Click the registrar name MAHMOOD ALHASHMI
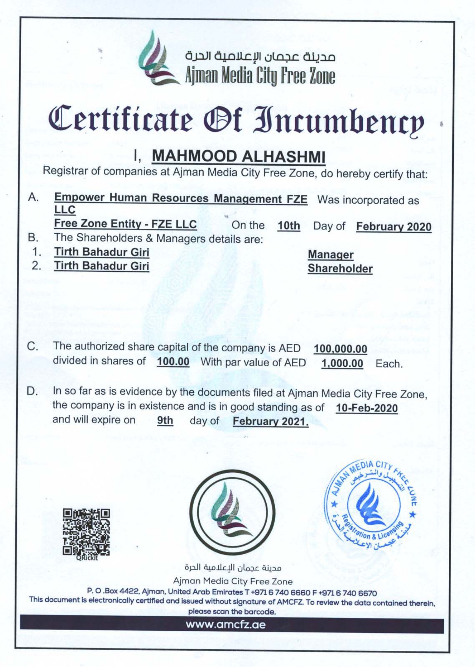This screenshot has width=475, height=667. [x=239, y=156]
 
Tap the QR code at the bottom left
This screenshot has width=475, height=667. [x=87, y=532]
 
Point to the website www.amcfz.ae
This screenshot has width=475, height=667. [x=226, y=624]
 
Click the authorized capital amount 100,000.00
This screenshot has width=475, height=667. [x=340, y=349]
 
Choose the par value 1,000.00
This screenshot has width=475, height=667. [x=342, y=363]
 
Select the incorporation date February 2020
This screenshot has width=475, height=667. [x=394, y=227]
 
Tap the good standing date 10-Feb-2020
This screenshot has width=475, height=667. [x=367, y=408]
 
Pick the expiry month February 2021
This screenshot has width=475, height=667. [x=271, y=422]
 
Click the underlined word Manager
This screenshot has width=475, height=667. [x=331, y=254]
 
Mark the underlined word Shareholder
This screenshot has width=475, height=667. [x=340, y=269]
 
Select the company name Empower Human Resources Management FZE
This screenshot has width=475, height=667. [x=181, y=198]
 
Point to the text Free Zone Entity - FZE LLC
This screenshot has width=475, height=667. [x=125, y=224]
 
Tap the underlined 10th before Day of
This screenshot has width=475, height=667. [x=289, y=226]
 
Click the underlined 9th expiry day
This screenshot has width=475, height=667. [x=165, y=421]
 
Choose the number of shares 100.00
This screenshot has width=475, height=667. [x=173, y=362]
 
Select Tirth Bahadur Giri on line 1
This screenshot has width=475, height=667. [x=101, y=252]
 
